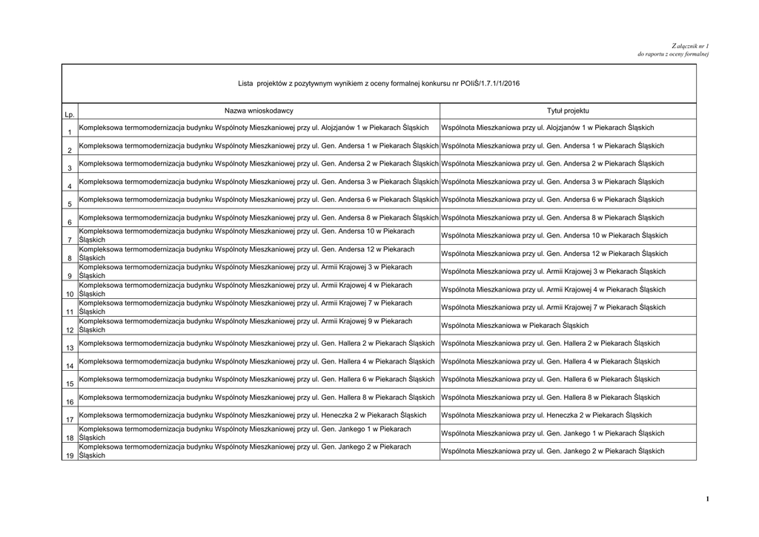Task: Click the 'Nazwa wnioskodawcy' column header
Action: tap(259, 111)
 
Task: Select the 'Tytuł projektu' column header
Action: tap(568, 111)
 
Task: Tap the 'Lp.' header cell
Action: tap(69, 115)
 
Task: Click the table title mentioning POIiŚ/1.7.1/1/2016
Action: tap(379, 83)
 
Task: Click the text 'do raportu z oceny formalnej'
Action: tap(673, 54)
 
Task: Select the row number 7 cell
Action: tap(69, 240)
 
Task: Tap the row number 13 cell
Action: tap(69, 348)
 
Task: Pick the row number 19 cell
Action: tap(69, 455)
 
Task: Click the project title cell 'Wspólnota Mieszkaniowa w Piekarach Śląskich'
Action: tap(514, 326)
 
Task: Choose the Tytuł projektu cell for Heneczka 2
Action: tap(546, 415)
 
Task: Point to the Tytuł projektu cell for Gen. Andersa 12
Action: tap(554, 254)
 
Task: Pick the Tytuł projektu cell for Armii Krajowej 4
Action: tap(553, 289)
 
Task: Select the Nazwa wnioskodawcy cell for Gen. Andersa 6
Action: tap(259, 200)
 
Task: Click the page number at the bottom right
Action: tap(707, 499)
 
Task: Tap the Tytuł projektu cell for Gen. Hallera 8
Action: tap(550, 398)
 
